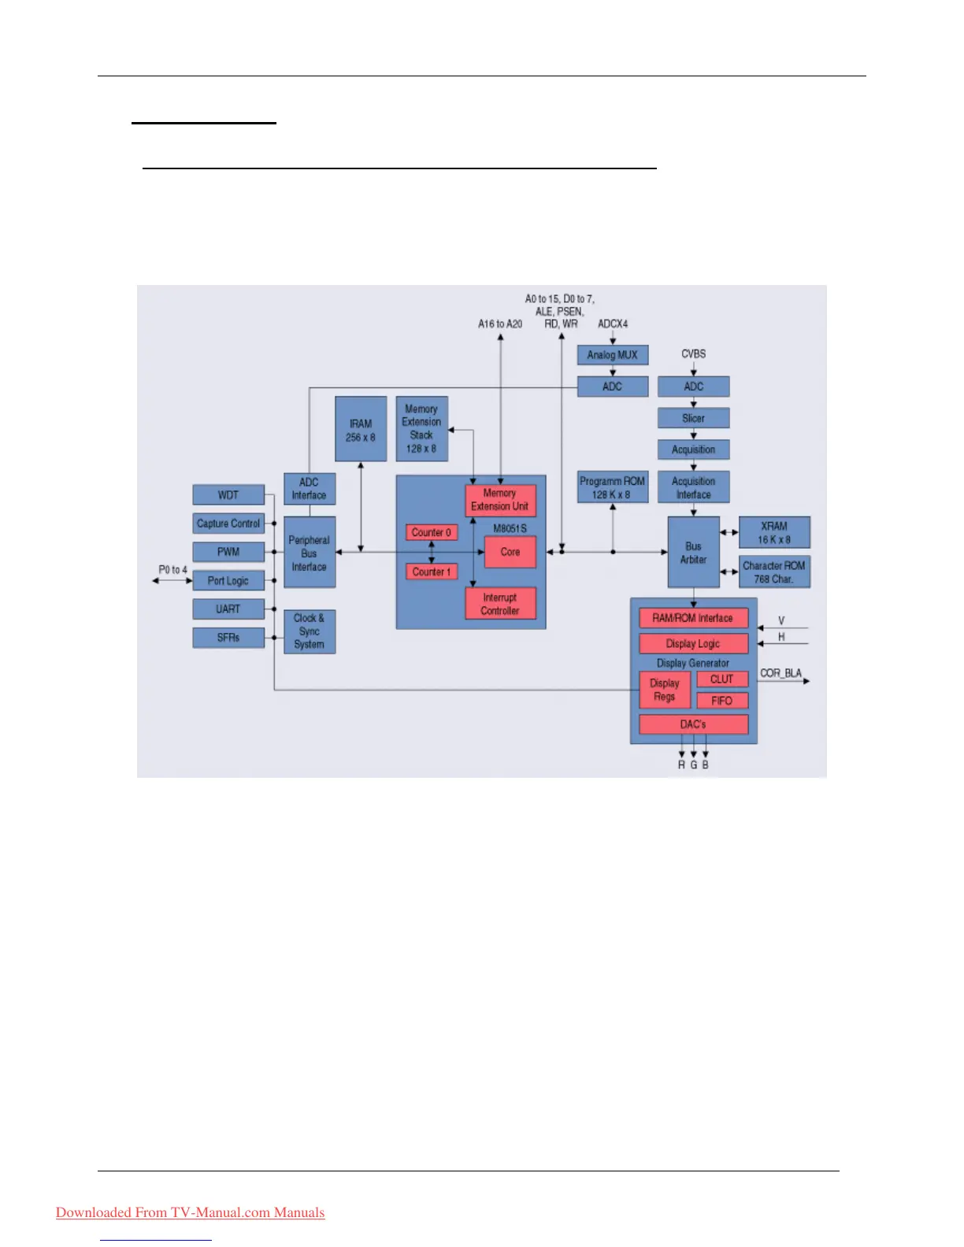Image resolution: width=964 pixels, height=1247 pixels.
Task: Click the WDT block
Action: pyautogui.click(x=228, y=495)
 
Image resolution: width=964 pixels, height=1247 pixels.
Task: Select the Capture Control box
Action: pyautogui.click(x=228, y=524)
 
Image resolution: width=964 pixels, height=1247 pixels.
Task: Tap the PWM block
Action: pyautogui.click(x=228, y=552)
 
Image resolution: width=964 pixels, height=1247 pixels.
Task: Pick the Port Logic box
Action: pyautogui.click(x=228, y=581)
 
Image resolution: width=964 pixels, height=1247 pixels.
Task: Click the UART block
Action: pyautogui.click(x=228, y=609)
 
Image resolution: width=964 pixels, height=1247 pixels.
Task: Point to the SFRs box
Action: pyautogui.click(x=228, y=638)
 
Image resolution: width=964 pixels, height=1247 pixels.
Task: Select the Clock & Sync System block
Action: pyautogui.click(x=310, y=631)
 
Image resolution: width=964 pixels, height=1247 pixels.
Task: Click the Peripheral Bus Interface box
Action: pyautogui.click(x=310, y=553)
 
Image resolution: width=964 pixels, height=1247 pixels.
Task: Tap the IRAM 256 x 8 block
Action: pyautogui.click(x=361, y=430)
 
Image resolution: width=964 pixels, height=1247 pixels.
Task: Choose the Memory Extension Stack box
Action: pyautogui.click(x=422, y=429)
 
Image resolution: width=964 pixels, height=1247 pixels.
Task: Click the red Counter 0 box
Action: pyautogui.click(x=432, y=533)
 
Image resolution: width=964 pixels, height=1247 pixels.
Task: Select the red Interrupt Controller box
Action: pyautogui.click(x=500, y=604)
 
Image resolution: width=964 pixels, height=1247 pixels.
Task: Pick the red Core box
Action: pyautogui.click(x=510, y=552)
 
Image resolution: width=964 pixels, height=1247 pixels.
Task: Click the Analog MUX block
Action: pyautogui.click(x=613, y=355)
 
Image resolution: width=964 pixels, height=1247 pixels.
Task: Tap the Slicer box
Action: pyautogui.click(x=694, y=418)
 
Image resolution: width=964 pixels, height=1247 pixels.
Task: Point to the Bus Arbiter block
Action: pyautogui.click(x=694, y=553)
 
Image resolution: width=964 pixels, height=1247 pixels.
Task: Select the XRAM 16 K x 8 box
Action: pyautogui.click(x=774, y=533)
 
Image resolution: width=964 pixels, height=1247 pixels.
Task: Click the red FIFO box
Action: pyautogui.click(x=722, y=701)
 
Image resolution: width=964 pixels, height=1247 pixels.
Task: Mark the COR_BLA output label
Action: pyautogui.click(x=780, y=673)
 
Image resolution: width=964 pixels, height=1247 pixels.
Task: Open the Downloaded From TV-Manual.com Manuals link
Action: pyautogui.click(x=191, y=1212)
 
